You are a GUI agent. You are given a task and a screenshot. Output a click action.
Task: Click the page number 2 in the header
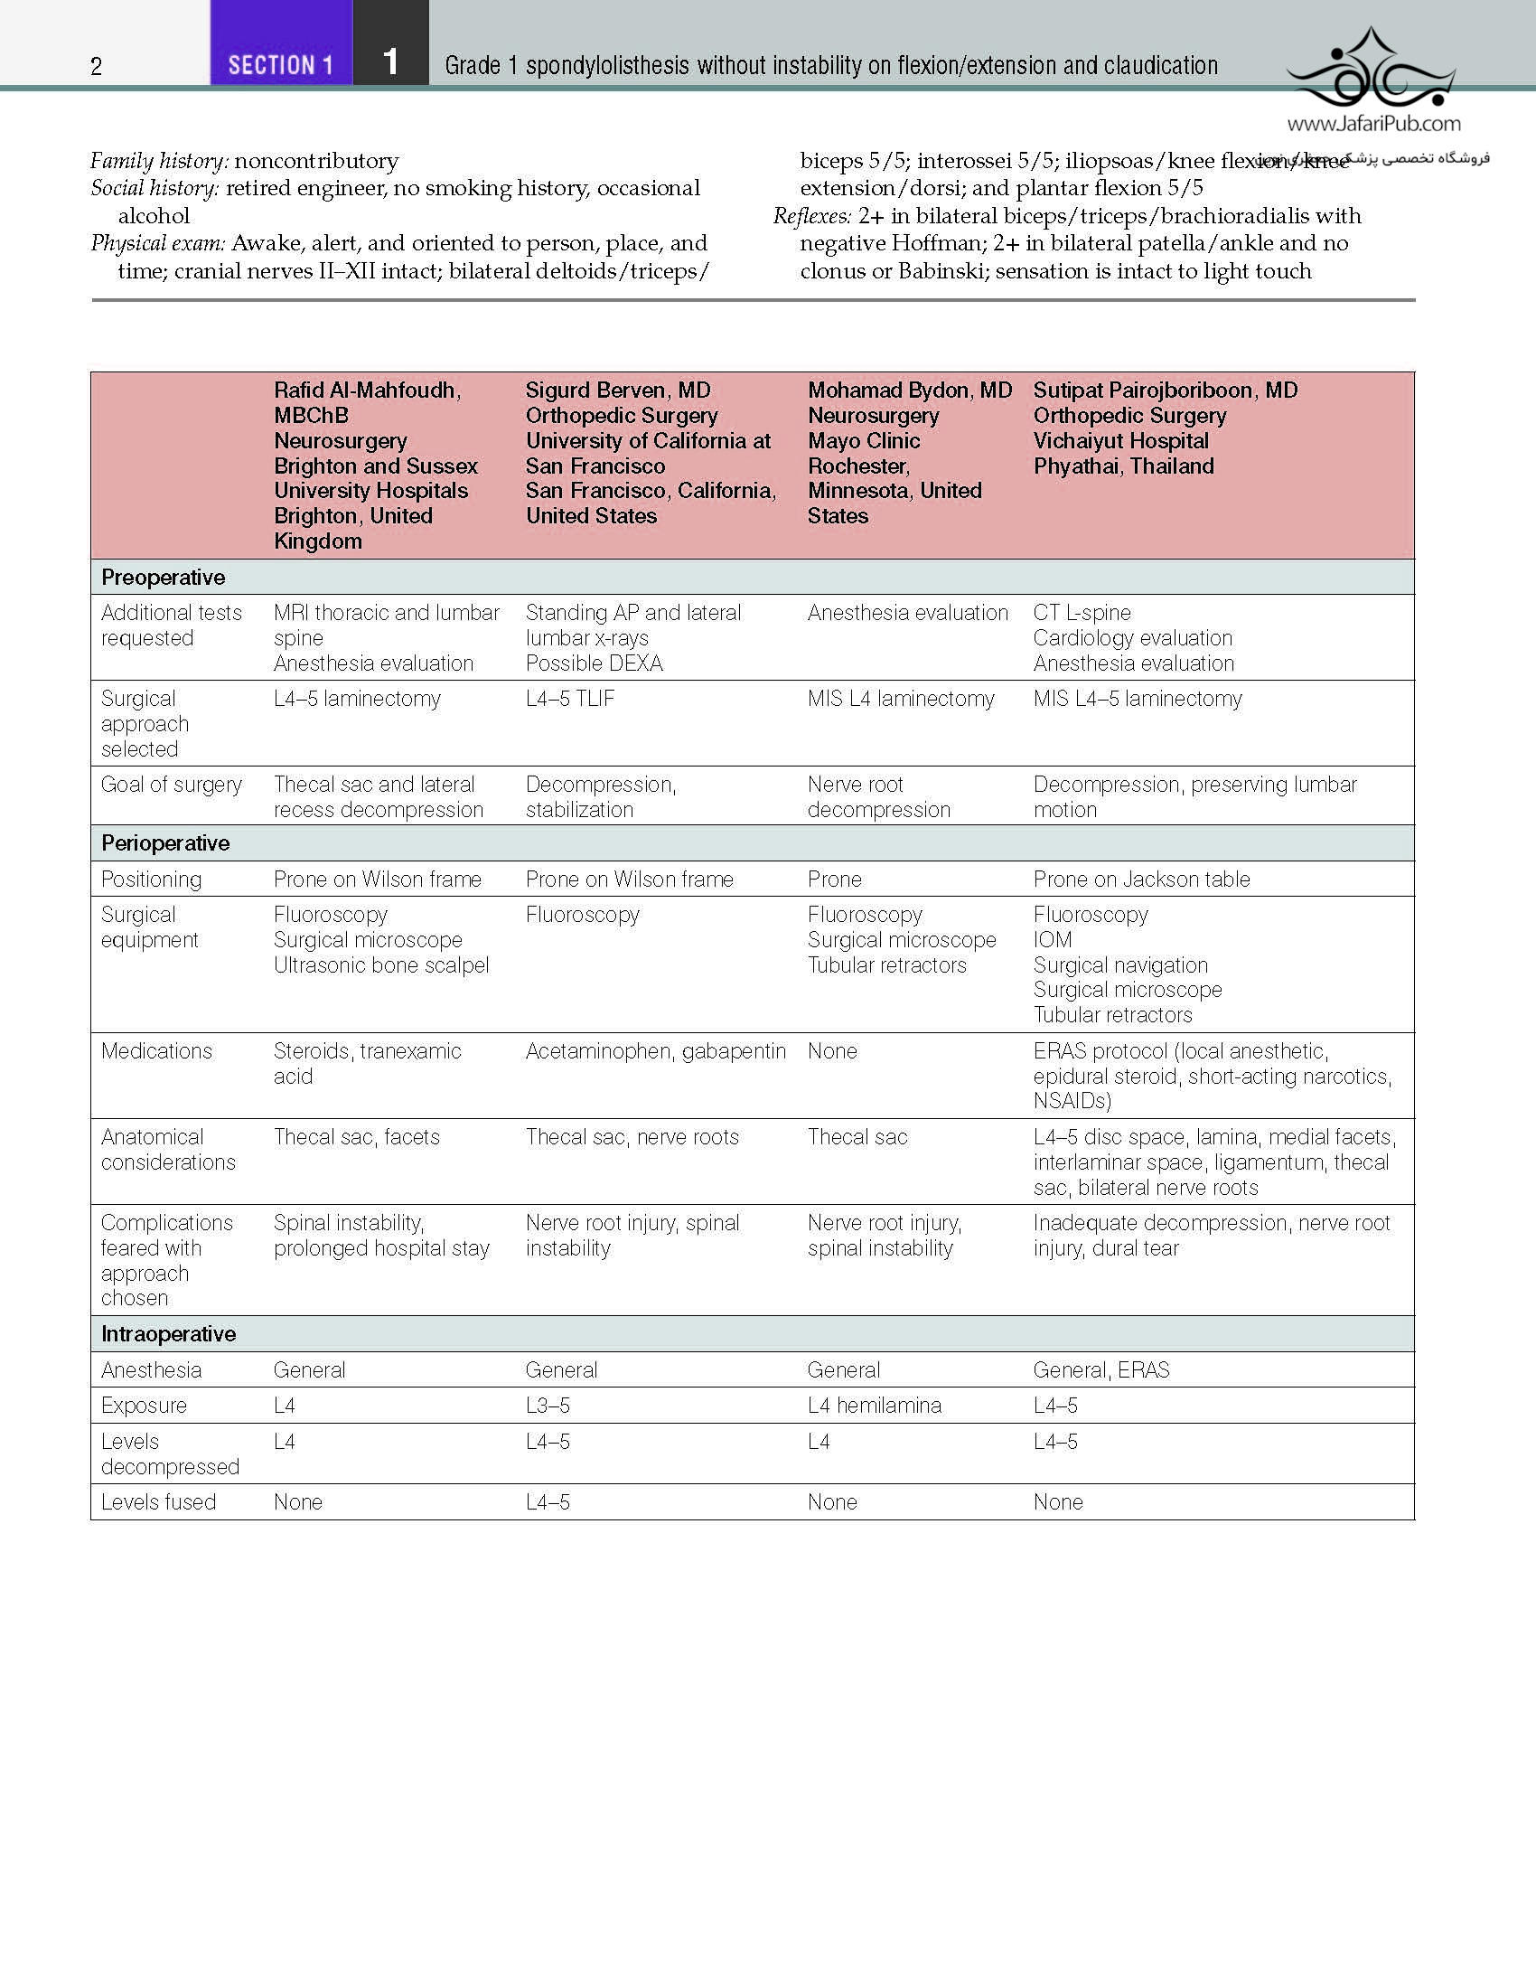(x=97, y=66)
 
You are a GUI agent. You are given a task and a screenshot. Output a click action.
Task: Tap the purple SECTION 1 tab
(x=280, y=65)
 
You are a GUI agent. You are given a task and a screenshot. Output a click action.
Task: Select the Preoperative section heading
(x=164, y=577)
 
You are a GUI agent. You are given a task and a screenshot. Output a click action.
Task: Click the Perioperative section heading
(x=165, y=842)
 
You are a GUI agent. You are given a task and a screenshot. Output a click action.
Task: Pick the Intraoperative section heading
(x=168, y=1333)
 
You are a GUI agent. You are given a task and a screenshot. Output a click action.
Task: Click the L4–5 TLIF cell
(x=570, y=698)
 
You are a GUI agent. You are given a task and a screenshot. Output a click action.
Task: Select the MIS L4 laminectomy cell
(x=900, y=698)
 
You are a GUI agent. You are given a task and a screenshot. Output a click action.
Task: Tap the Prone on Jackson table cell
(x=1141, y=879)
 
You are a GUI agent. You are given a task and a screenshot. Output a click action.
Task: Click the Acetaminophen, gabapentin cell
(x=655, y=1050)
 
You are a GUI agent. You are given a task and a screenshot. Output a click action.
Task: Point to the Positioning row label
(x=152, y=879)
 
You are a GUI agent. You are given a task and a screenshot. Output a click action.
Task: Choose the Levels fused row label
(x=158, y=1501)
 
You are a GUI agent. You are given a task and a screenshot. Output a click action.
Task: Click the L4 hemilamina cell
(x=874, y=1405)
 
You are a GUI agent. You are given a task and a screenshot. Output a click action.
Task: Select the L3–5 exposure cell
(x=548, y=1405)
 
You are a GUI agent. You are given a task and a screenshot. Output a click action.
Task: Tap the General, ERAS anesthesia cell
(x=1100, y=1369)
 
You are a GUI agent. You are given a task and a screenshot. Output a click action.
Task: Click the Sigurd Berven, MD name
(x=618, y=390)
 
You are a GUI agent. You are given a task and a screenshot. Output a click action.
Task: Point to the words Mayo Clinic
(x=863, y=440)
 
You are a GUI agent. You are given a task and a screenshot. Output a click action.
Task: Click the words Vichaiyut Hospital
(x=1120, y=440)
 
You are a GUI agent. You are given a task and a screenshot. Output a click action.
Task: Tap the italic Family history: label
(x=159, y=161)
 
